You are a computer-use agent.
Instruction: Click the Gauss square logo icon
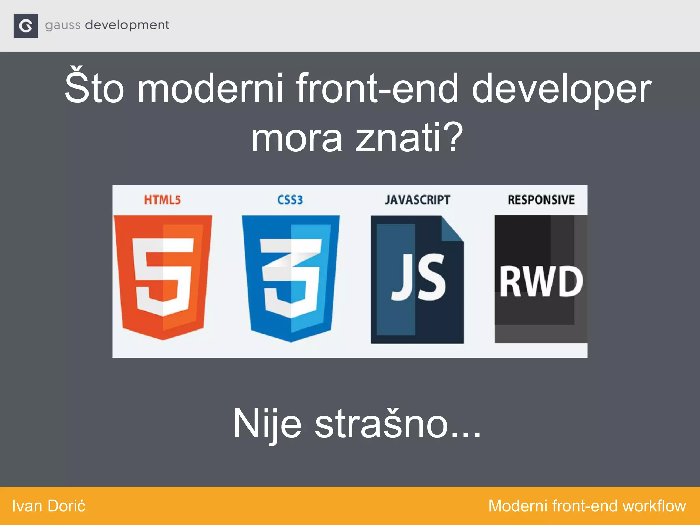(26, 26)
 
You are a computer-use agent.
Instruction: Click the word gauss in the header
(63, 26)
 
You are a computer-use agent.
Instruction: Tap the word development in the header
(127, 25)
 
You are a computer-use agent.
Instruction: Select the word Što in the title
(94, 88)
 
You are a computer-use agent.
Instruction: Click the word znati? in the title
(409, 138)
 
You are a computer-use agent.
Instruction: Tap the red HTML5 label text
(162, 200)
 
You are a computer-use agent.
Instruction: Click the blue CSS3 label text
(290, 200)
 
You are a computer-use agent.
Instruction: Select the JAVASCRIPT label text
(417, 200)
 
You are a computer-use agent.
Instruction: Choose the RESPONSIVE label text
(541, 200)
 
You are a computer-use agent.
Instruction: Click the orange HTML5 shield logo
(163, 277)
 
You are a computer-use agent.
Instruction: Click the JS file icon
(417, 279)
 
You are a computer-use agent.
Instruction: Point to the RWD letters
(541, 282)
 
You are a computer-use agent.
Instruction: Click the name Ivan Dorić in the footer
(49, 506)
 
